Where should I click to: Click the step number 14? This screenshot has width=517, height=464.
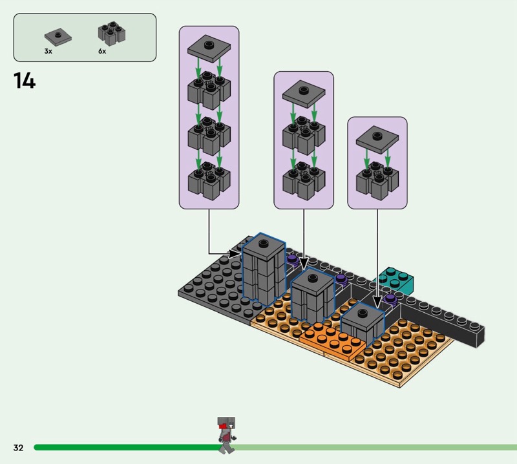point(25,81)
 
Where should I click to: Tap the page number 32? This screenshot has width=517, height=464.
point(18,447)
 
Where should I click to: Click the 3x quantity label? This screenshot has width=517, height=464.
point(48,50)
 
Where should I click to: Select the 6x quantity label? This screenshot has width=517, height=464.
point(102,50)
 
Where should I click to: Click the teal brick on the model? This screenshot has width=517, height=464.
point(397,279)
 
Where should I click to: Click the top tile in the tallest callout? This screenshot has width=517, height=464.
point(208,48)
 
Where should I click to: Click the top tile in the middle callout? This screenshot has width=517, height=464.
point(303,93)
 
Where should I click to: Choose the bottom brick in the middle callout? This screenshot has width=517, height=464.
point(303,181)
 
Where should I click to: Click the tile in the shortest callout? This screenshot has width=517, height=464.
point(377,138)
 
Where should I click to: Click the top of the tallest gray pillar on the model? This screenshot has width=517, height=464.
point(264,244)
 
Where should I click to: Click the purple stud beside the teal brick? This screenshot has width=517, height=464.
point(390,299)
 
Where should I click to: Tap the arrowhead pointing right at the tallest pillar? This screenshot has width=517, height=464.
point(237,253)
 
